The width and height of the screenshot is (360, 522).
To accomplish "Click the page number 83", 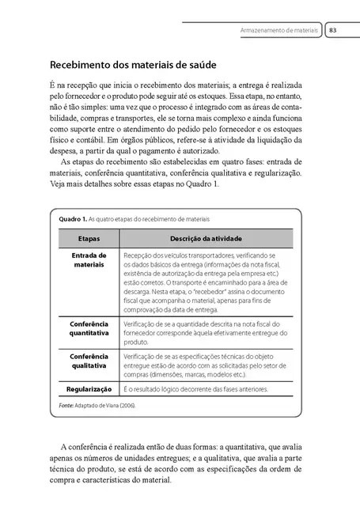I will (334, 30).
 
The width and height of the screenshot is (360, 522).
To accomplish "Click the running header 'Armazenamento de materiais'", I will (280, 30).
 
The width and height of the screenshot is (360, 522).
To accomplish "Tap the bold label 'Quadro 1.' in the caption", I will (66, 217).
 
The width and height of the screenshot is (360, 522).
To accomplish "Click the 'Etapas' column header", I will (89, 237).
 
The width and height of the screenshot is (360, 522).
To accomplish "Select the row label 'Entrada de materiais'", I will (89, 261).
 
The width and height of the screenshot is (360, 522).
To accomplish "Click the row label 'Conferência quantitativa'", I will (89, 329).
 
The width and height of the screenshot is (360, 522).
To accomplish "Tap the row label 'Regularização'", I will (89, 390).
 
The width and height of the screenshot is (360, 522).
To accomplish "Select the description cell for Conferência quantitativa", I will (209, 329).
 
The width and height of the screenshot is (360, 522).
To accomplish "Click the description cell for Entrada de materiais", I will (209, 283).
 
